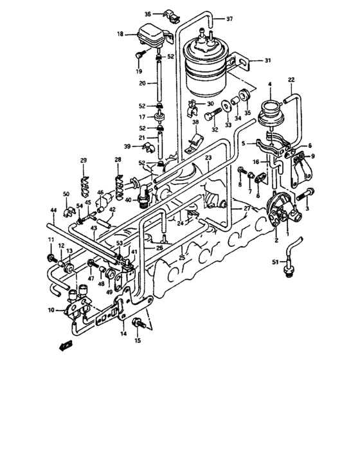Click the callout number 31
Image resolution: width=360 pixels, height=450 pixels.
(267, 61)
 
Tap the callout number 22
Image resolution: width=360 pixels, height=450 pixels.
(291, 80)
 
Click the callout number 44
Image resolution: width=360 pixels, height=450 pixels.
(54, 210)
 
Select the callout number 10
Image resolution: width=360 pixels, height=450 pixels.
(59, 310)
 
